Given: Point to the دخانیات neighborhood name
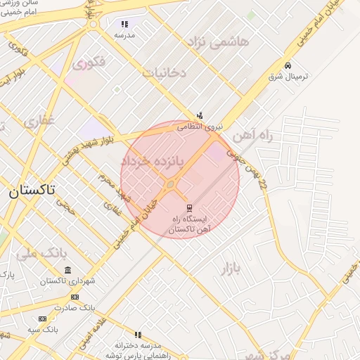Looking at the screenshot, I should (165, 72).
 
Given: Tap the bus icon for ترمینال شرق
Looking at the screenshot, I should (288, 65).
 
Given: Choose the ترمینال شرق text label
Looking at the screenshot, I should (285, 76).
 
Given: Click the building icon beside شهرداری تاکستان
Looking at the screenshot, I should (67, 270).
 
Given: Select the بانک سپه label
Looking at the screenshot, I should (44, 328).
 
